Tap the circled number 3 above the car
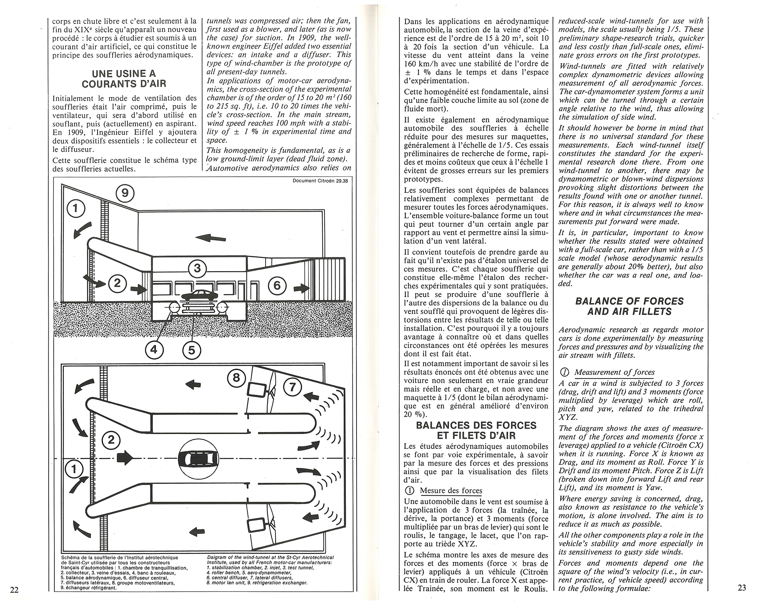coord(197,268)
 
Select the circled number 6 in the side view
coord(277,285)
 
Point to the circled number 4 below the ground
coord(154,349)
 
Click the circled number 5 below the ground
coord(192,350)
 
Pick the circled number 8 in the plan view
coord(237,378)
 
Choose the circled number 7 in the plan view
coord(292,387)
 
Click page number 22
coord(14,590)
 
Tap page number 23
coord(742,587)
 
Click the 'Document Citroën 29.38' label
coord(320,181)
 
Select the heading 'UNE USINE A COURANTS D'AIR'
coord(124,78)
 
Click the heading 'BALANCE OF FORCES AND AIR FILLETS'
coord(629,306)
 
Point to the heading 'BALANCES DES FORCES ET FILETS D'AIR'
coord(476,430)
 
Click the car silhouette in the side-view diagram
coord(198,296)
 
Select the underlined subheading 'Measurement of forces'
coord(614,372)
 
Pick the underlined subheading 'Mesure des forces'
coord(451,490)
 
